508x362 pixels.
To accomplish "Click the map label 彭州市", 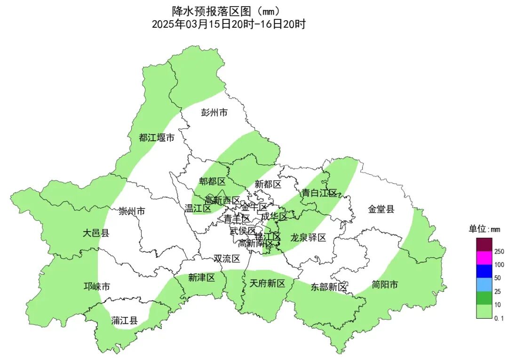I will pyautogui.click(x=214, y=113).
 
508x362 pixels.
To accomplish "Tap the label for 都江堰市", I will pyautogui.click(x=157, y=138).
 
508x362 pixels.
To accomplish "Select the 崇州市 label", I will pyautogui.click(x=132, y=211).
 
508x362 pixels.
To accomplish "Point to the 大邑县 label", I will pyautogui.click(x=96, y=233).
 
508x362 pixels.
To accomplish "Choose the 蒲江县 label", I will pyautogui.click(x=125, y=321).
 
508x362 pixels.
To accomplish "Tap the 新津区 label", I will pyautogui.click(x=201, y=278).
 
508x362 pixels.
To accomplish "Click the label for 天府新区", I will pyautogui.click(x=267, y=283).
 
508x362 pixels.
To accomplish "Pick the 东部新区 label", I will pyautogui.click(x=328, y=287).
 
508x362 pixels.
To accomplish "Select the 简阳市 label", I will pyautogui.click(x=384, y=285).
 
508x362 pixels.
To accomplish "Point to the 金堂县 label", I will pyautogui.click(x=381, y=209).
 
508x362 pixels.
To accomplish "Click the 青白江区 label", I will pyautogui.click(x=319, y=193).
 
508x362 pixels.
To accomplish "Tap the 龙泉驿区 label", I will pyautogui.click(x=308, y=237).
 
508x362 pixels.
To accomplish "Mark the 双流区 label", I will pyautogui.click(x=227, y=258).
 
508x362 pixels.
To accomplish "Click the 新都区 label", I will pyautogui.click(x=268, y=184).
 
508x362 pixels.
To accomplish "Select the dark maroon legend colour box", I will pyautogui.click(x=484, y=245).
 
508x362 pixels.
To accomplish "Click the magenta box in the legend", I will pyautogui.click(x=484, y=258).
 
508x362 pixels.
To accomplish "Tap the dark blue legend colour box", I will pyautogui.click(x=484, y=271).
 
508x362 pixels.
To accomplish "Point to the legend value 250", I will pyautogui.click(x=499, y=252).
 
